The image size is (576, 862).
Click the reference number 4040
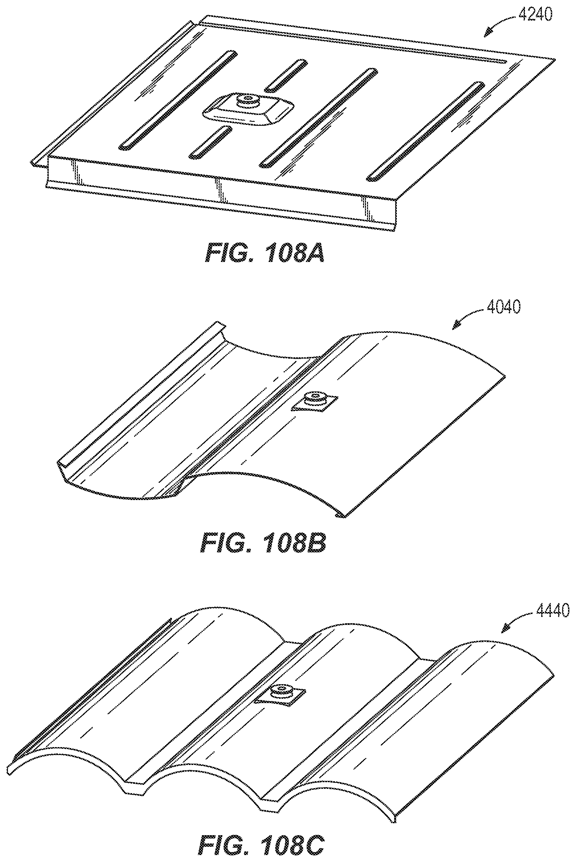[x=503, y=307]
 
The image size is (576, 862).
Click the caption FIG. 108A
[x=265, y=253]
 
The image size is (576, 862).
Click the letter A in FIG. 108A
[x=314, y=253]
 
